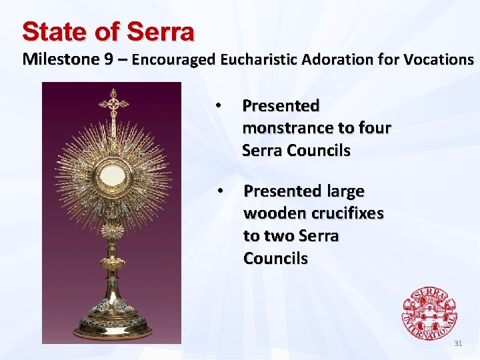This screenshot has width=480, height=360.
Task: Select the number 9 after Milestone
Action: [109, 59]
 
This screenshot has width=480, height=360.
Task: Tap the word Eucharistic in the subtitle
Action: [258, 59]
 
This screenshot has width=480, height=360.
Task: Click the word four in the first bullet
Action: [373, 127]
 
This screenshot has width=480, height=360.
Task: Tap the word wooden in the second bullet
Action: [271, 213]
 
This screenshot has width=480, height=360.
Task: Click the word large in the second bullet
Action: [341, 191]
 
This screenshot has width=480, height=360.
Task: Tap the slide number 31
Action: [458, 344]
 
